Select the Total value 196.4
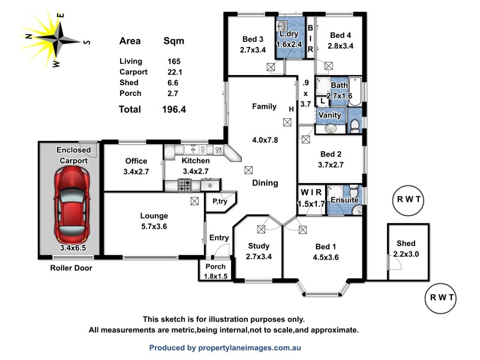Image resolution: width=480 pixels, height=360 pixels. pos(173,109)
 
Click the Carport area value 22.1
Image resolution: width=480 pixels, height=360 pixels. pos(175,72)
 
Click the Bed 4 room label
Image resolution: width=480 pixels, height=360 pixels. pos(341,35)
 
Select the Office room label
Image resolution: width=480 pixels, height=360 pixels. pos(136,161)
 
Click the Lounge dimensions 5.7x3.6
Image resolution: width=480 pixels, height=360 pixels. pos(154,226)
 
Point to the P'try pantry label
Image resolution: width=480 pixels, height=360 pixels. pos(220,203)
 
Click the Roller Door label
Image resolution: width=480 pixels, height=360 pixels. pos(71,268)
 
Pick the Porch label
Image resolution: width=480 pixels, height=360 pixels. pos(215,267)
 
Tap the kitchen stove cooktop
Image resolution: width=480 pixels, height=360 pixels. pos(184,186)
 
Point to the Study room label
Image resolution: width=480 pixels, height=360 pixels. pos(258,246)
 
